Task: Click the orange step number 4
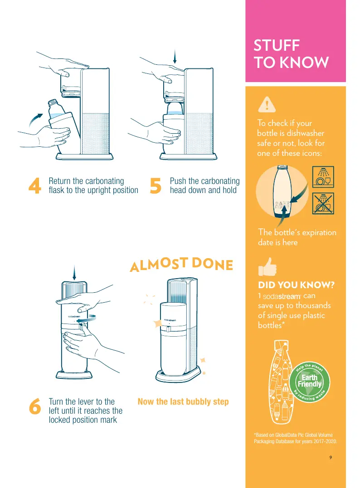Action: (34, 186)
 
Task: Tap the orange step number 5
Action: (156, 186)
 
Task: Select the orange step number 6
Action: (35, 406)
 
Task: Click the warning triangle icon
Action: (267, 105)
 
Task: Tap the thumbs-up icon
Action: (267, 267)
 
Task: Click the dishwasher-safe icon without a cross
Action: (323, 177)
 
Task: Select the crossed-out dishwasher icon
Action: (323, 203)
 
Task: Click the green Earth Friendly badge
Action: (309, 382)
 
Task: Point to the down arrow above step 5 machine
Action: (175, 57)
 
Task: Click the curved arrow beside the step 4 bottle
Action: (35, 119)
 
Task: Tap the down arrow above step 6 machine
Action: (74, 273)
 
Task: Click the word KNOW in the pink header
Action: (304, 62)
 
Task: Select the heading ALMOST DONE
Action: (181, 264)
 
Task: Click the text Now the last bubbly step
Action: (183, 402)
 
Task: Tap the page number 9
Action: (331, 457)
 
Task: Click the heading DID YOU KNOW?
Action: (296, 285)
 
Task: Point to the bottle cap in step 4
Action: (52, 102)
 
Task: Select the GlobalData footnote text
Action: (295, 438)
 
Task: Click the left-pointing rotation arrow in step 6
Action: (86, 319)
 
